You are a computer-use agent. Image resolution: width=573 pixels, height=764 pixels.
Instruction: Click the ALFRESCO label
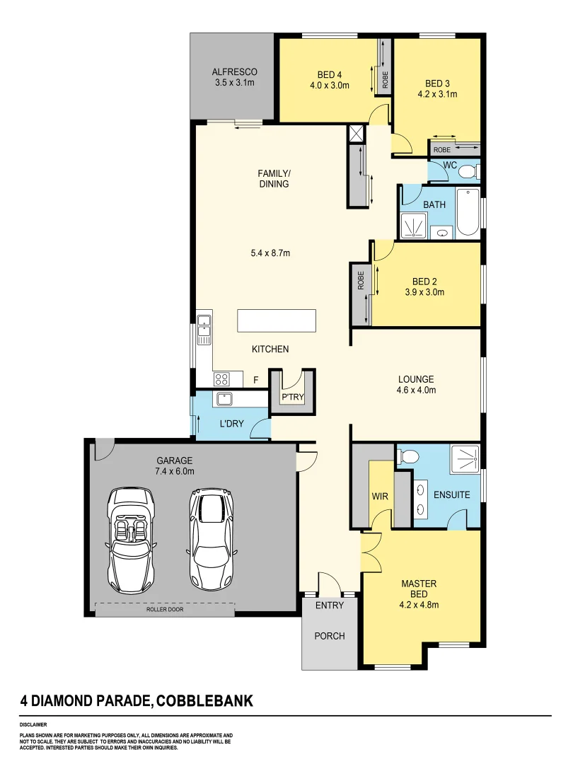coord(234,72)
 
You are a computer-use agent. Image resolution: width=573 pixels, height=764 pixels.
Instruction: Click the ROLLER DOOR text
coord(165,609)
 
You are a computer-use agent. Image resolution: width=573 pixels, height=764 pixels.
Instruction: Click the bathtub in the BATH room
coord(468,213)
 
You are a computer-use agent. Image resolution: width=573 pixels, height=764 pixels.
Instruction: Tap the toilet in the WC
coord(468,171)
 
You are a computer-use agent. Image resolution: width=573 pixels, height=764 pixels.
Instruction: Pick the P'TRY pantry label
coord(293,398)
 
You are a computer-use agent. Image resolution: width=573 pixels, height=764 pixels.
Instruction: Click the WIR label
coord(380,496)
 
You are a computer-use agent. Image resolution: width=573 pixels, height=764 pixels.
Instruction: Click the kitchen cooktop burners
coord(222,378)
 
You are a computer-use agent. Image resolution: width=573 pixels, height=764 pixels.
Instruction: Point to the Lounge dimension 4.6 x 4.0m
coord(416,390)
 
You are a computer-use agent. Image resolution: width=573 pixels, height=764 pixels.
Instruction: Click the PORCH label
coord(330,636)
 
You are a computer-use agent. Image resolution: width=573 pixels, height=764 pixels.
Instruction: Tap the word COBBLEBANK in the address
coord(204,702)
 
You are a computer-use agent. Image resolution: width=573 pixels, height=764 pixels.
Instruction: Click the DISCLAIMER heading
coord(33,725)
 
